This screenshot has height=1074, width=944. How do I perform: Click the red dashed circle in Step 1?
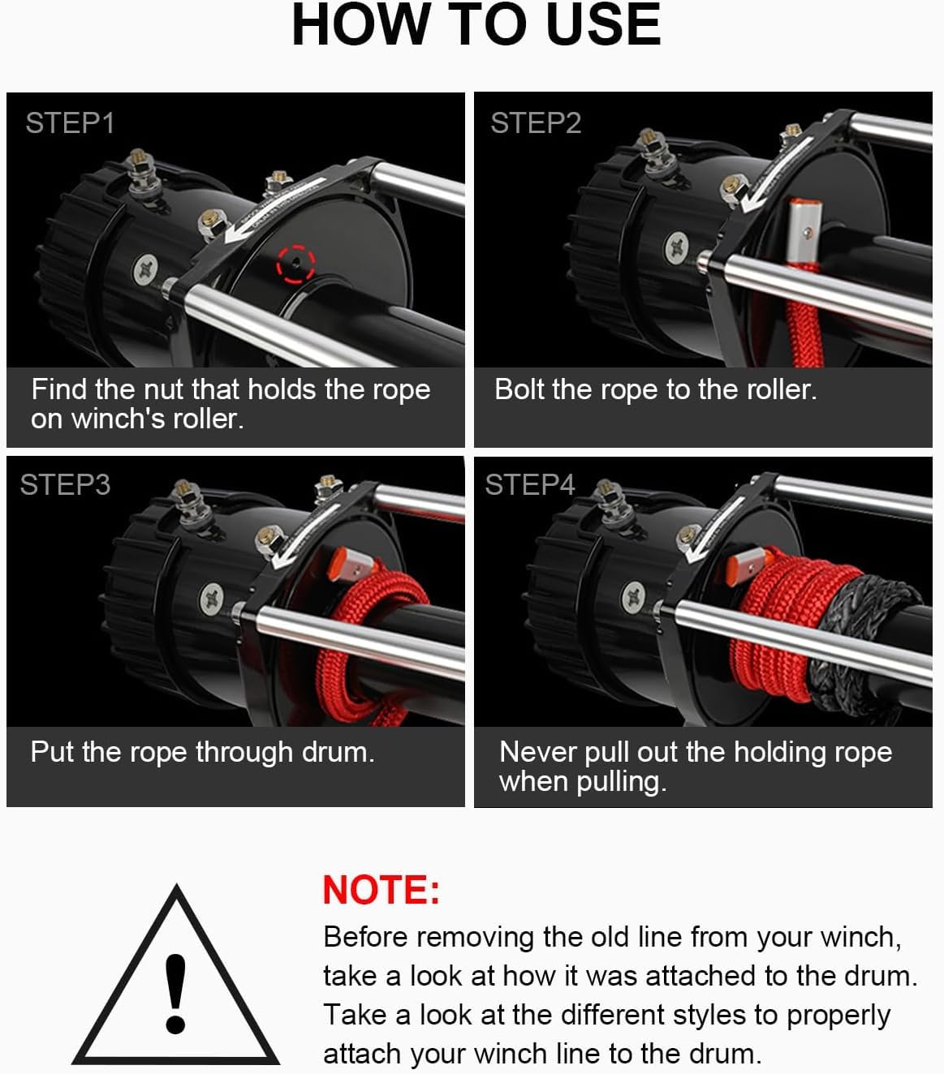pos(295,263)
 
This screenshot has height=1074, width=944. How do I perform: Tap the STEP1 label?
pos(70,123)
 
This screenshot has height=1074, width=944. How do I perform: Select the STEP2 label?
pos(536,123)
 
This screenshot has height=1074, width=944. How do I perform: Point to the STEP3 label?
pos(65,485)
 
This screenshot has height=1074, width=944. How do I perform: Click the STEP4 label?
pos(530,485)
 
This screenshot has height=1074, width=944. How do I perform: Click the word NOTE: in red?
pos(381,890)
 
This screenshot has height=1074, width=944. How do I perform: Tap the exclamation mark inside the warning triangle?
pos(175,993)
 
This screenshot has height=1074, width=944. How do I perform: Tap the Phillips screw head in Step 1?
pos(147,267)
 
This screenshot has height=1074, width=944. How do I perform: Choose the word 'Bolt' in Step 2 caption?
pos(519,390)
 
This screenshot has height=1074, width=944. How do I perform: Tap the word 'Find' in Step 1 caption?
pos(58,390)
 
